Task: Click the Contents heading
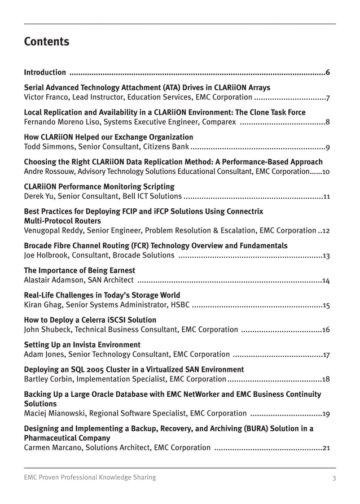(x=46, y=42)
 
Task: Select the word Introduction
(x=45, y=72)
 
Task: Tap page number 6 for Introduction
(x=328, y=72)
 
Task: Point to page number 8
(x=328, y=122)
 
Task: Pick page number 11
(x=326, y=197)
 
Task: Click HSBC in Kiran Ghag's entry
(x=179, y=305)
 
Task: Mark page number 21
(x=326, y=448)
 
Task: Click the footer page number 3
(x=334, y=478)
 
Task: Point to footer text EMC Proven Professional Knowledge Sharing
(x=90, y=477)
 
